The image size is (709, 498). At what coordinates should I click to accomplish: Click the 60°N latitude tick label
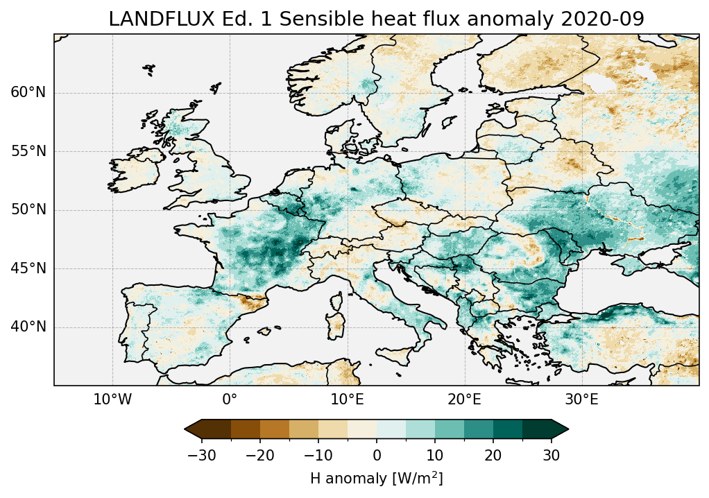click(28, 93)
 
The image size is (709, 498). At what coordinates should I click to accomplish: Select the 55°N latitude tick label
click(28, 152)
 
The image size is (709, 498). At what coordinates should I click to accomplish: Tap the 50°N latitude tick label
click(28, 210)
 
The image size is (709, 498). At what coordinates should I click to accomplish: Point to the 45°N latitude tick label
click(28, 268)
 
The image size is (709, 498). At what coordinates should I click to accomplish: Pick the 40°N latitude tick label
click(28, 327)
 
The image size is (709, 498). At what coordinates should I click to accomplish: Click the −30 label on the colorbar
click(202, 456)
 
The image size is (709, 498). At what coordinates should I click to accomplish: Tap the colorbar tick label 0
click(377, 456)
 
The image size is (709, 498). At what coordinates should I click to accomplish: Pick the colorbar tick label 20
click(493, 456)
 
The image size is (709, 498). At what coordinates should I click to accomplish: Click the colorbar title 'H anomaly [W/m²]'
click(377, 479)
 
